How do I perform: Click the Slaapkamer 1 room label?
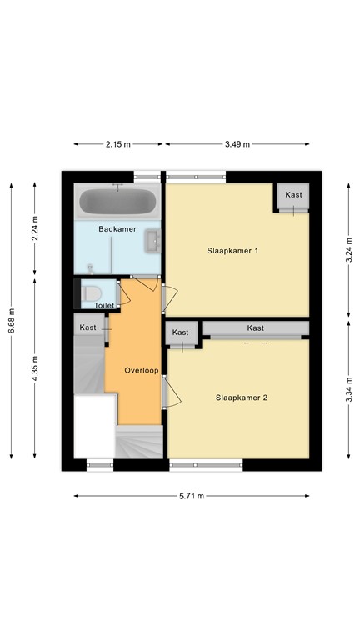pyautogui.click(x=233, y=251)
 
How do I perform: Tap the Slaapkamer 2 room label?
pyautogui.click(x=241, y=397)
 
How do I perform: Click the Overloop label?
pyautogui.click(x=141, y=370)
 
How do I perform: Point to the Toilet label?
pyautogui.click(x=103, y=306)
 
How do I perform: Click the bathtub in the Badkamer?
pyautogui.click(x=117, y=202)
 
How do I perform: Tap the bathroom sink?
pyautogui.click(x=153, y=241)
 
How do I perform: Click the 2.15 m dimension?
pyautogui.click(x=117, y=144)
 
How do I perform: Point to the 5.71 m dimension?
pyautogui.click(x=191, y=496)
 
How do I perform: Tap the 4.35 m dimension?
pyautogui.click(x=34, y=367)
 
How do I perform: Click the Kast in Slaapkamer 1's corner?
pyautogui.click(x=293, y=195)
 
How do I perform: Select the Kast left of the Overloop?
pyautogui.click(x=88, y=327)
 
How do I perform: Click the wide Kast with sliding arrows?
pyautogui.click(x=255, y=328)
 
